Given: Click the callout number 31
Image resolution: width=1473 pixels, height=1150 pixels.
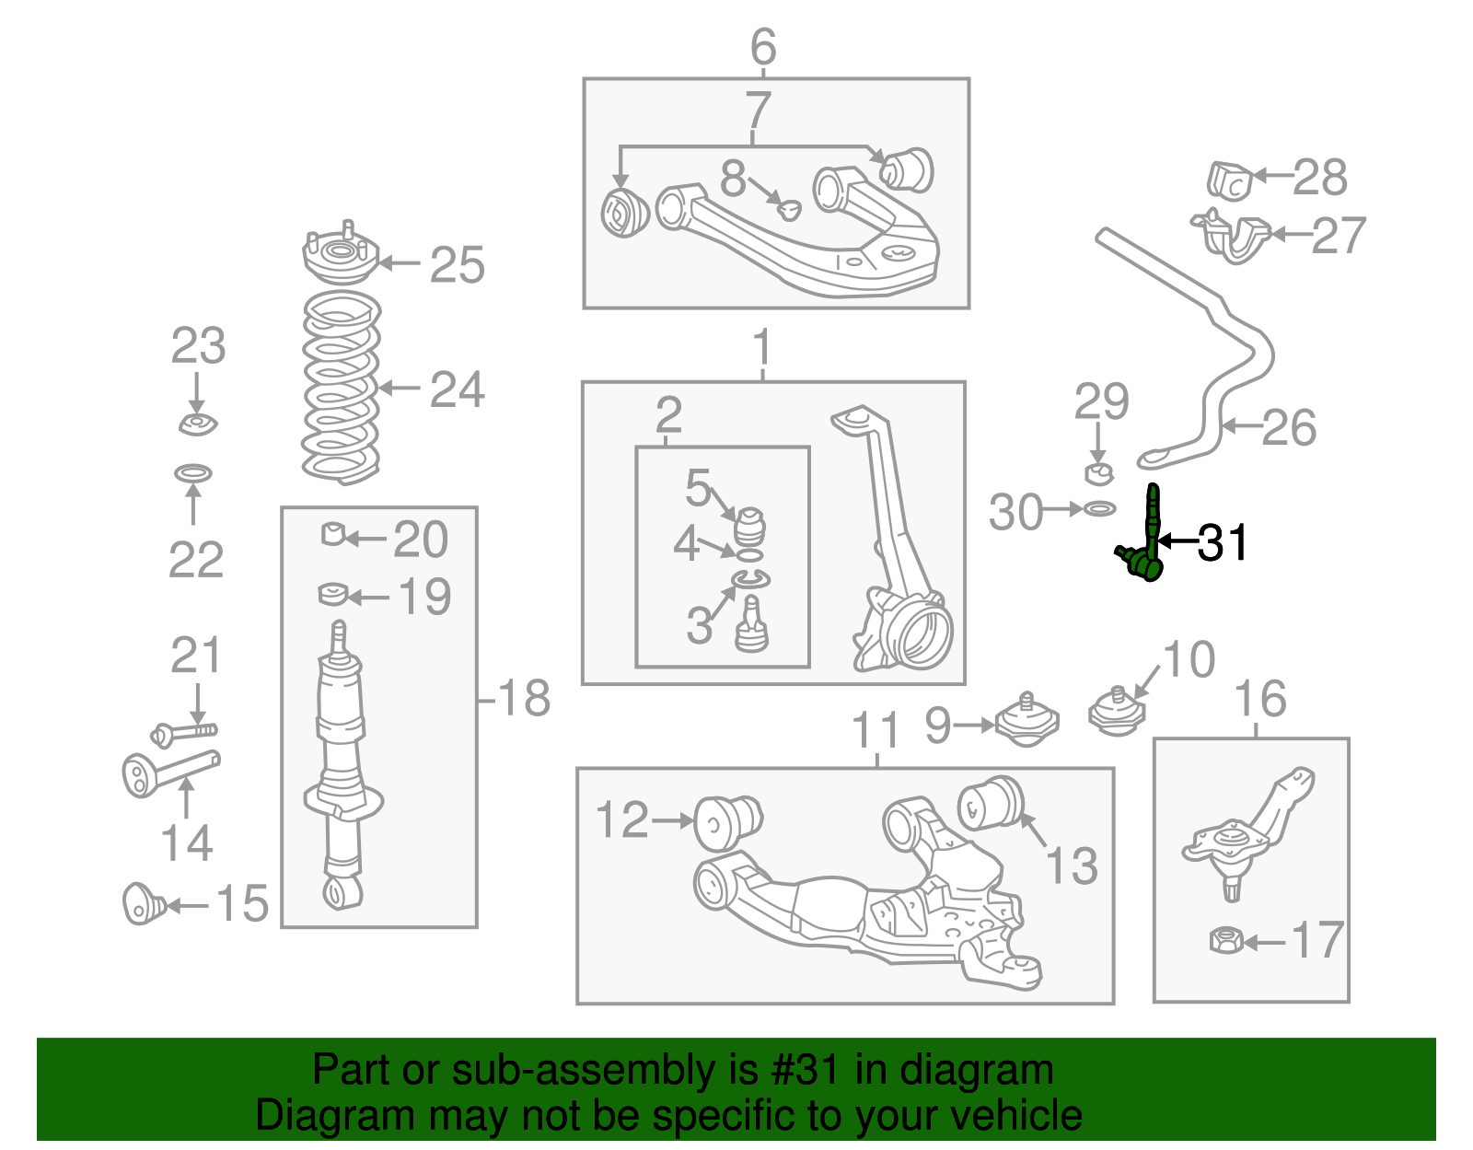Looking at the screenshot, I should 1224,542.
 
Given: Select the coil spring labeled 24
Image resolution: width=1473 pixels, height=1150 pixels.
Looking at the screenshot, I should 342,389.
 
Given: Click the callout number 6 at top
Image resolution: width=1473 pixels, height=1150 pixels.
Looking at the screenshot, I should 763,46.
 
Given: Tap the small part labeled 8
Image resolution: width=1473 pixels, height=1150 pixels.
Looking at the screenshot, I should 788,209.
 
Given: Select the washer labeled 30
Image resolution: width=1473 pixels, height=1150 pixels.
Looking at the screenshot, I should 1099,508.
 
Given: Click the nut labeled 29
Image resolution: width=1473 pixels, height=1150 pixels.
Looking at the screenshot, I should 1097,474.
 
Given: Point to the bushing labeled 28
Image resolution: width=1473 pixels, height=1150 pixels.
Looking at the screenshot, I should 1229,180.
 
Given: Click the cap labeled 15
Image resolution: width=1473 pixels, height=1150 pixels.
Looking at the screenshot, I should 143,903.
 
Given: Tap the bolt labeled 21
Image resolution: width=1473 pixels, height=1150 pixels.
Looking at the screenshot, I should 184,733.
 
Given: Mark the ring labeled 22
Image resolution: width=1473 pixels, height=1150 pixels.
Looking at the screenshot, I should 193,473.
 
